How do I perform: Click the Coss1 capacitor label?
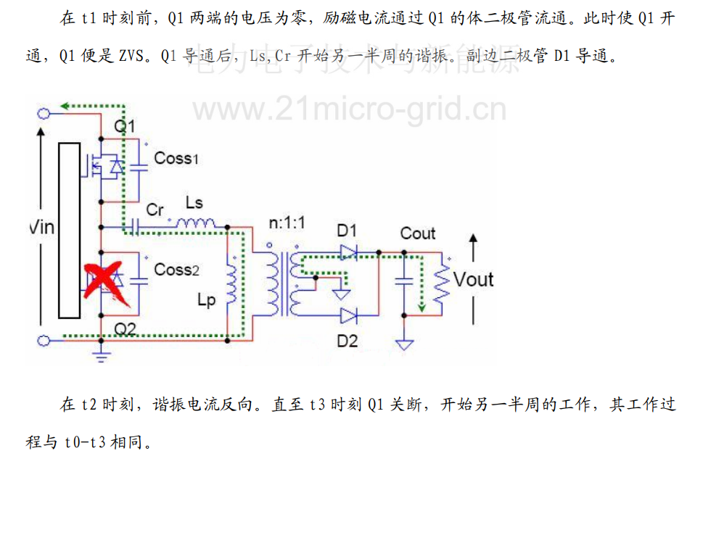click(x=173, y=157)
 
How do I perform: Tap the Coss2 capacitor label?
click(x=176, y=269)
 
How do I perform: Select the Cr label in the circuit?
click(x=155, y=210)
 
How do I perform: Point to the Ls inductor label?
click(x=194, y=202)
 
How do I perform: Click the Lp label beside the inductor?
click(x=207, y=299)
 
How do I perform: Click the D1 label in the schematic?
click(x=347, y=231)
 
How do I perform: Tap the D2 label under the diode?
click(x=348, y=340)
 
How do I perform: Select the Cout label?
click(x=418, y=233)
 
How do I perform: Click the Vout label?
click(x=473, y=279)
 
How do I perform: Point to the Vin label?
click(x=41, y=228)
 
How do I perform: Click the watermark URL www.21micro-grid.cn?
click(x=349, y=109)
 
